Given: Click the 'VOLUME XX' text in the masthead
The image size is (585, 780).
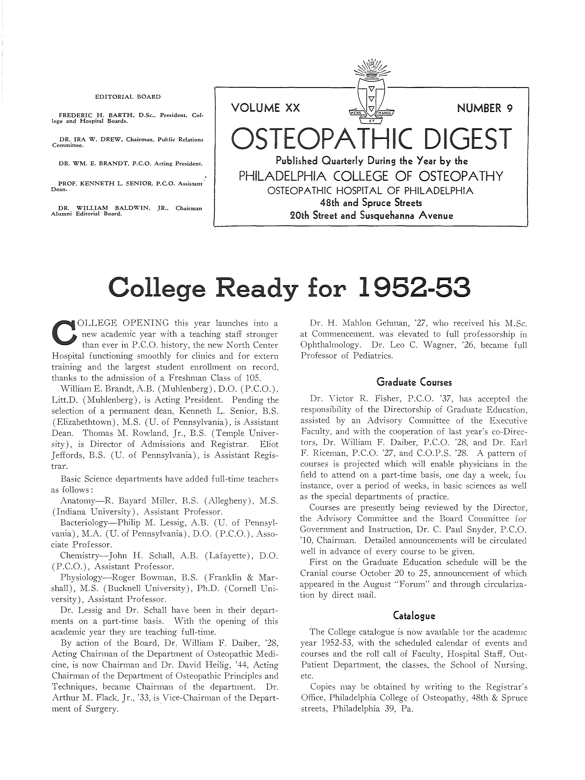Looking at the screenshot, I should click(265, 108).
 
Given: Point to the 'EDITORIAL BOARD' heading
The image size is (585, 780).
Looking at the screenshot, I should click(128, 97).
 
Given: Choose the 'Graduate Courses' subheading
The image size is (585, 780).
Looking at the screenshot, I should click(414, 382).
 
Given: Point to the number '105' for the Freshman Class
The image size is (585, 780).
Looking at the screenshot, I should click(252, 378).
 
